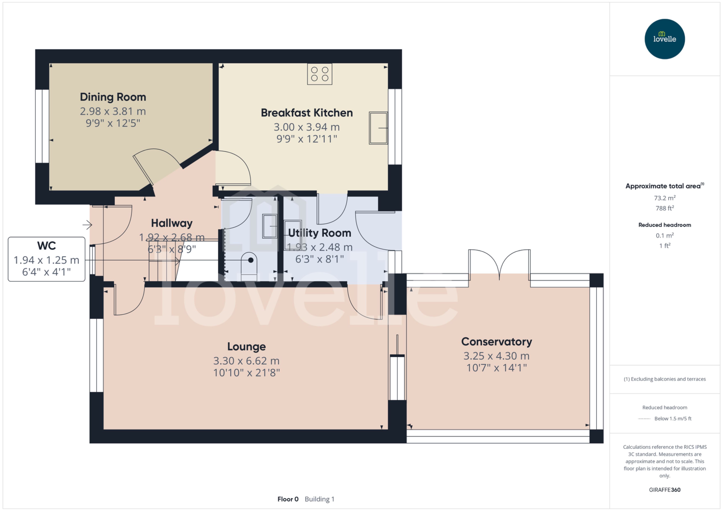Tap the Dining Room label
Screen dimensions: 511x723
113,97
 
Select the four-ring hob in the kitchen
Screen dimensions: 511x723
319,74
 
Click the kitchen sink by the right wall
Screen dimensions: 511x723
378,128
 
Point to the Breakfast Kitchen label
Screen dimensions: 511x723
307,113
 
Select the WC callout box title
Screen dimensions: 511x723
46,245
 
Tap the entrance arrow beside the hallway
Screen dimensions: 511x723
87,225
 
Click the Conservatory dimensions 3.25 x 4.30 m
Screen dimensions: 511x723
496,356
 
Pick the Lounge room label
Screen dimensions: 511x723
246,346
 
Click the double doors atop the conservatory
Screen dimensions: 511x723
499,264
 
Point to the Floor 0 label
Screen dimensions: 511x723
288,499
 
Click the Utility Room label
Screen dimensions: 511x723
319,233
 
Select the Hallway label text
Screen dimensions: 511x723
172,223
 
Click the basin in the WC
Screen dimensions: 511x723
270,226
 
